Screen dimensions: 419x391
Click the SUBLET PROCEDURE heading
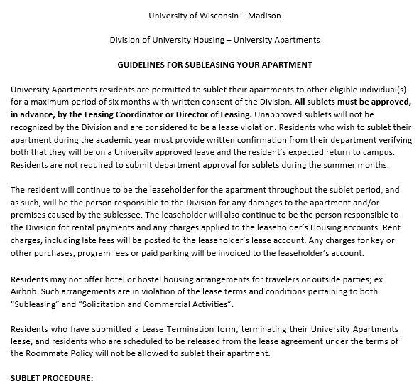tap(53, 378)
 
